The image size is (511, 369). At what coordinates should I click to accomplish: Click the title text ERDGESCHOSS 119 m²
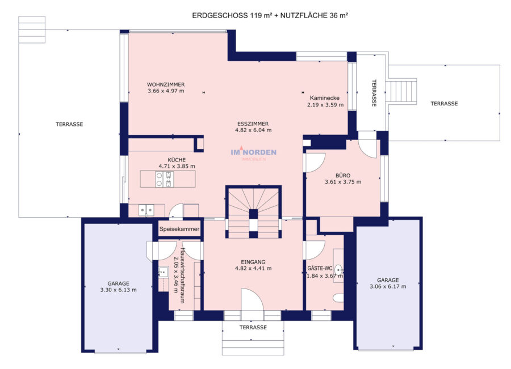[x=232, y=15]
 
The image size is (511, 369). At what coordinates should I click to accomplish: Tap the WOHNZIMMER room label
[x=166, y=84]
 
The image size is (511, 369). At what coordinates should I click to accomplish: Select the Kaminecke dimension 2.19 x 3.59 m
[x=325, y=105]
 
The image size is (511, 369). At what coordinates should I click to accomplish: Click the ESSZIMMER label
[x=253, y=124]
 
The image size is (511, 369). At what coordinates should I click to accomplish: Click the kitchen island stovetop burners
[x=165, y=179]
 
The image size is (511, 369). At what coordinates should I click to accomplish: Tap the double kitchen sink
[x=146, y=210]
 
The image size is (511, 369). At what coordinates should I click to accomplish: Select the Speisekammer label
[x=179, y=229]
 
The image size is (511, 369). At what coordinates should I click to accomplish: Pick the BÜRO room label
[x=343, y=175]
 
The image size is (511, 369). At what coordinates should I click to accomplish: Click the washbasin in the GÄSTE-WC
[x=340, y=270]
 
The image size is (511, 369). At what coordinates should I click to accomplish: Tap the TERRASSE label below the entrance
[x=253, y=328]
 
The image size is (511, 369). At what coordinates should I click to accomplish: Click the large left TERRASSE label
[x=69, y=124]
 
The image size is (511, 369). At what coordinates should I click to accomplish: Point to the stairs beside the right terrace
[x=401, y=92]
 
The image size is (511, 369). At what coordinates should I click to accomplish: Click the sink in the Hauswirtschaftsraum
[x=163, y=272]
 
